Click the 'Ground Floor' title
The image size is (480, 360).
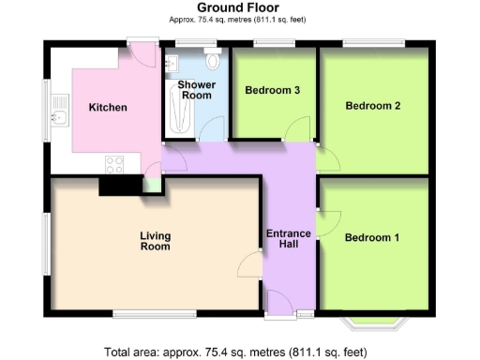coord(240,7)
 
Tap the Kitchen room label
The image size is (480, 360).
coord(108,108)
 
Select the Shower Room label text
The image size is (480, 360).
coord(196,90)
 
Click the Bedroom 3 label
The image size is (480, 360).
coord(272,91)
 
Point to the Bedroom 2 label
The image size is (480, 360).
coord(373,106)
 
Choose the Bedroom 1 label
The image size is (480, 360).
coord(372,238)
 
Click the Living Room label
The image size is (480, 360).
coord(155,242)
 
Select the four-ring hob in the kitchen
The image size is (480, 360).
coord(115,164)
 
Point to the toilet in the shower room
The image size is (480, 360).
coord(214,62)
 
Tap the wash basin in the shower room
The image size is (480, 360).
coord(172,64)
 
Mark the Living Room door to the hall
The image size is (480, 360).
coord(250,265)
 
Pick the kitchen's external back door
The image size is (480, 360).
coord(143,53)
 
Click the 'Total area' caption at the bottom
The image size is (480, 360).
coord(240,352)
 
